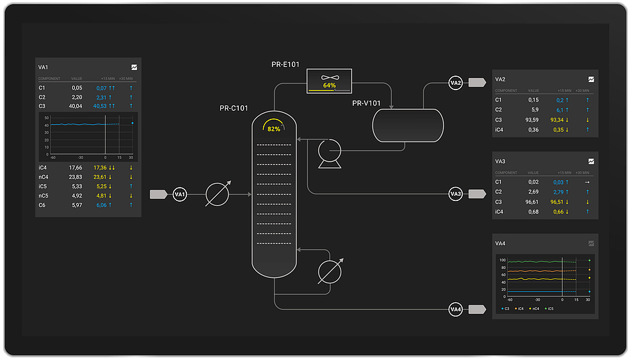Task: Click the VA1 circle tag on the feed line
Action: tap(180, 194)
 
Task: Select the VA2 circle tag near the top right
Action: tap(456, 83)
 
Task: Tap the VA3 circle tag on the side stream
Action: tap(456, 194)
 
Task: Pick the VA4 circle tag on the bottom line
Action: tap(456, 309)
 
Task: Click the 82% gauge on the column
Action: tap(274, 128)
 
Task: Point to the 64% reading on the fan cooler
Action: tap(329, 85)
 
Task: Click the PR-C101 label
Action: tap(234, 108)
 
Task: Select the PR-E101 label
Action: tap(285, 65)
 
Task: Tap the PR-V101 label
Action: tap(367, 103)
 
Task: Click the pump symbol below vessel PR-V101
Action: tap(329, 153)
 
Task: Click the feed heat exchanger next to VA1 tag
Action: tap(217, 194)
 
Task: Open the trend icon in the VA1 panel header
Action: tap(134, 67)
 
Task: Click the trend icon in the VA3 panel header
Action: tap(591, 162)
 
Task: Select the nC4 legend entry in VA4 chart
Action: tap(535, 309)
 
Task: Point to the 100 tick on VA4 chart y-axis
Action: tap(502, 260)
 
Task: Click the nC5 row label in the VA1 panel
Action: tap(43, 196)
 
